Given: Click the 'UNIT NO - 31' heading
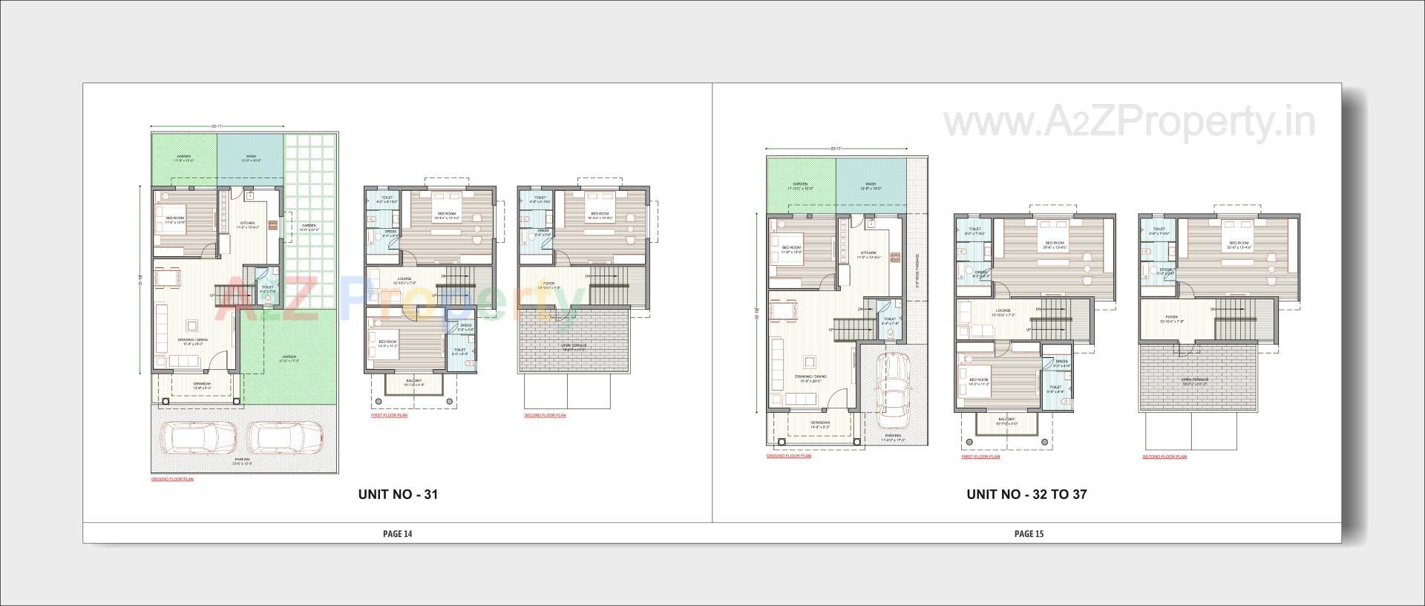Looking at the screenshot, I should [x=397, y=494].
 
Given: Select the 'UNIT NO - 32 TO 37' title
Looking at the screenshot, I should [x=1026, y=494].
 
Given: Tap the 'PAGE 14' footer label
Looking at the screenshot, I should [x=397, y=533].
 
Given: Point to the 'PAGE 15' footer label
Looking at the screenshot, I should [x=1029, y=533].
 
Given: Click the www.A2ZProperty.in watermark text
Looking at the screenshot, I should [x=1129, y=122].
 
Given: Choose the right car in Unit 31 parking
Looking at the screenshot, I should [x=285, y=439].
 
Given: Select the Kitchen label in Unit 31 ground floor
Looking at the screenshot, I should [x=247, y=222].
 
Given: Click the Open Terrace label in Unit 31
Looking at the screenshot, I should [x=573, y=345].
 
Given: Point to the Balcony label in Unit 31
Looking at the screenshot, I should [x=413, y=381].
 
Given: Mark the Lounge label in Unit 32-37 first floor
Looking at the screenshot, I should [x=1003, y=311].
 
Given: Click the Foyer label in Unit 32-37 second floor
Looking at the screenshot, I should [x=1171, y=318].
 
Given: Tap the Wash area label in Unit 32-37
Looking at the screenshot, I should [x=871, y=184].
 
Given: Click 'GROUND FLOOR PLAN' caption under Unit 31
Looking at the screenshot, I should [x=172, y=480].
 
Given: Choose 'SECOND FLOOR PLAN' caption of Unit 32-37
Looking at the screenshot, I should [x=1164, y=457].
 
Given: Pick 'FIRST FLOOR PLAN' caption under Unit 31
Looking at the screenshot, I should [x=389, y=416].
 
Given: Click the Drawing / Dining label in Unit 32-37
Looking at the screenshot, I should [x=810, y=377].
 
